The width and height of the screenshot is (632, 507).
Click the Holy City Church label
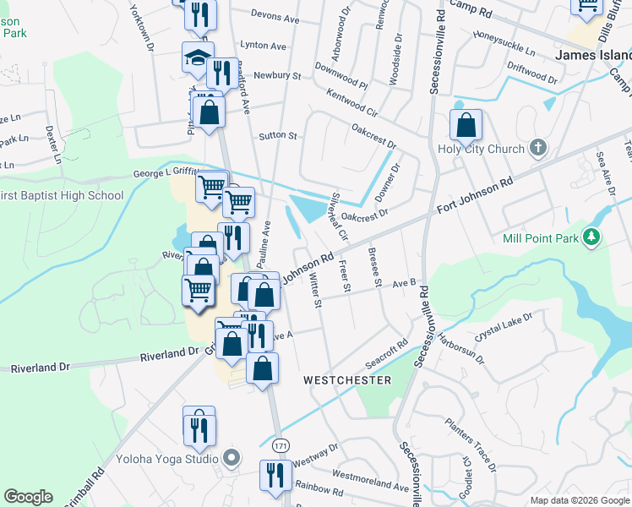coord(480,150)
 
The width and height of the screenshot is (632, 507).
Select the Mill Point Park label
coord(542,238)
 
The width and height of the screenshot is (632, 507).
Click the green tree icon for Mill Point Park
coord(593,237)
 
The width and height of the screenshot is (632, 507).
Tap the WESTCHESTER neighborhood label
coord(347,381)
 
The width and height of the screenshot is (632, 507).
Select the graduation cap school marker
coord(198,59)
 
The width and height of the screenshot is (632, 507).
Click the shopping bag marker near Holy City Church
coord(466,127)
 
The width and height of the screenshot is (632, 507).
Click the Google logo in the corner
coord(28,497)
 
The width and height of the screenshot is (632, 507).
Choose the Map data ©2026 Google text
coord(579,500)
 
